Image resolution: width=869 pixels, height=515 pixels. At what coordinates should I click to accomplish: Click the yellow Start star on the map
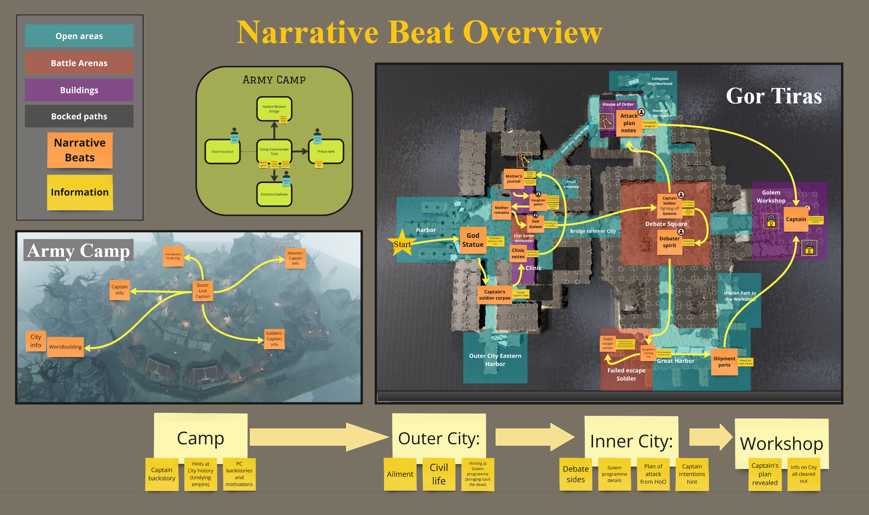tap(402, 244)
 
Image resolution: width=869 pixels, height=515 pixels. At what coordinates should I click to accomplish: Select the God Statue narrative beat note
tap(473, 240)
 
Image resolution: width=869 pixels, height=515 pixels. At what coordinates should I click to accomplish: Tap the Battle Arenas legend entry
tap(79, 63)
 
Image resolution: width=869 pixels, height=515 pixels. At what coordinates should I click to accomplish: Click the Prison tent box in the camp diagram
tap(326, 152)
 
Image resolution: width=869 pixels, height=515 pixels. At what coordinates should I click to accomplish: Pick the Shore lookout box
tap(222, 152)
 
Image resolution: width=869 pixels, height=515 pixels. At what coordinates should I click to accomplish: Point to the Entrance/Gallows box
tap(274, 194)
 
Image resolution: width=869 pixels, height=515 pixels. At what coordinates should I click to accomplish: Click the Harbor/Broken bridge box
tap(274, 109)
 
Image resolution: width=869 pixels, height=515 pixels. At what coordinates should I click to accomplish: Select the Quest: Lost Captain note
tap(203, 291)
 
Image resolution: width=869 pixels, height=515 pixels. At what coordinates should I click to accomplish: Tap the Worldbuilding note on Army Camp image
tap(65, 347)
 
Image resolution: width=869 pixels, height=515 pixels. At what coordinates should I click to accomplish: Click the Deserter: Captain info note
tap(295, 258)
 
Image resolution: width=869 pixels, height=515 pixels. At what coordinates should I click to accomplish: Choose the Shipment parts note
tap(724, 362)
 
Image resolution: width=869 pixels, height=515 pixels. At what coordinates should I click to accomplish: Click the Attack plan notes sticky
tap(629, 123)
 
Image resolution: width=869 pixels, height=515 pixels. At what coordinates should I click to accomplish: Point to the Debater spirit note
tap(669, 242)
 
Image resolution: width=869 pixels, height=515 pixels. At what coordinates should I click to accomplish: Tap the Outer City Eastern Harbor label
tap(495, 360)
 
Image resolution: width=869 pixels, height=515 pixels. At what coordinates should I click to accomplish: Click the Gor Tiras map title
tap(774, 96)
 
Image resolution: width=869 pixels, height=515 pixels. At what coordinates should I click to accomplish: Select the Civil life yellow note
tap(439, 474)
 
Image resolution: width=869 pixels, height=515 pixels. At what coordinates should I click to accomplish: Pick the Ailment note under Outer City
tap(400, 474)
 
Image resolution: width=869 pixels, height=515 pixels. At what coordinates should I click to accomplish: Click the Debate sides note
tap(575, 474)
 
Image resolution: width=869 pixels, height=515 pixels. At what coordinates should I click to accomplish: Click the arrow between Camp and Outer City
tap(318, 437)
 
